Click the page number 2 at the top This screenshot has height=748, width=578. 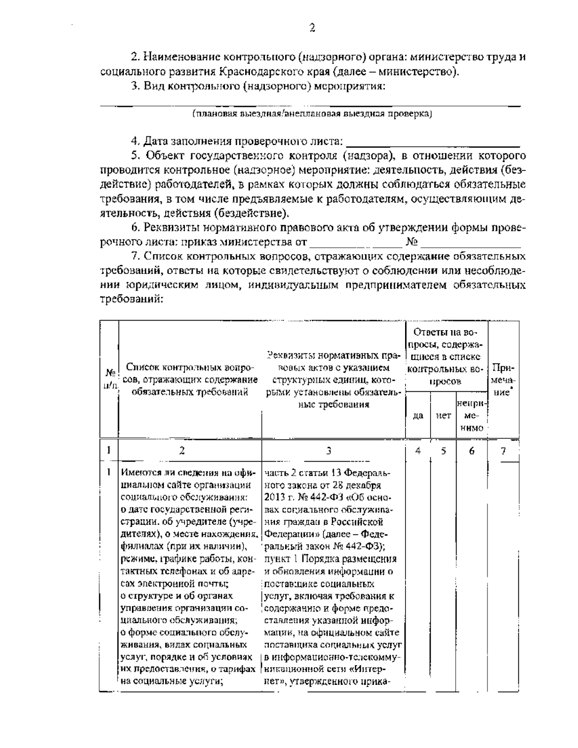tap(312, 28)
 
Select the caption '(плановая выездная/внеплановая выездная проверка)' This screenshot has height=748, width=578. tap(312, 114)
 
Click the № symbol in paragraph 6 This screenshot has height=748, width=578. tap(412, 241)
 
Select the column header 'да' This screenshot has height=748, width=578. tap(418, 414)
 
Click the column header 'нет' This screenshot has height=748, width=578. tap(443, 414)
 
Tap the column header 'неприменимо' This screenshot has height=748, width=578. tap(471, 414)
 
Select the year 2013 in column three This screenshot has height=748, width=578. tap(275, 497)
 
